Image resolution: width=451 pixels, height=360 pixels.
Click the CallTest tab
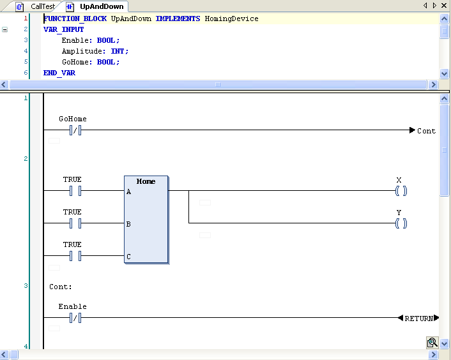(x=38, y=6)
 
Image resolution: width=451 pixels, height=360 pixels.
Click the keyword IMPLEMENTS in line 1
(x=178, y=19)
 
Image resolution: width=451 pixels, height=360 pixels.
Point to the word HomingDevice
(x=231, y=19)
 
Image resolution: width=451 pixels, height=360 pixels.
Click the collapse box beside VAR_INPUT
(x=4, y=29)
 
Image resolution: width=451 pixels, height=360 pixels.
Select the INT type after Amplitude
(x=118, y=51)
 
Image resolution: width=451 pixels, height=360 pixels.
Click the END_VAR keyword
(x=59, y=73)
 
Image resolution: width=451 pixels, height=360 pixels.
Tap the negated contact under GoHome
(x=75, y=130)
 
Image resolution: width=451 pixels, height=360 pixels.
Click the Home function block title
(x=146, y=181)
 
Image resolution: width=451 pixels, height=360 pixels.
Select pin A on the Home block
(x=128, y=191)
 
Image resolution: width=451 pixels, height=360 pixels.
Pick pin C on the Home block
(x=128, y=257)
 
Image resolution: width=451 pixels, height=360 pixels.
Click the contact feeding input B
(x=75, y=223)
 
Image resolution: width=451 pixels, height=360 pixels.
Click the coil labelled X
(x=401, y=191)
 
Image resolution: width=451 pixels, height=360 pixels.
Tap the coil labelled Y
(x=401, y=223)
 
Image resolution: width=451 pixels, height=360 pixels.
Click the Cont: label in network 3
(x=61, y=287)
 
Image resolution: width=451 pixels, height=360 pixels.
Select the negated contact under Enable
(x=75, y=318)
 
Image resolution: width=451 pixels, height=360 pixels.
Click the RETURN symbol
(x=418, y=318)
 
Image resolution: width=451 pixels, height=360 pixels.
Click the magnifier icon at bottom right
(x=432, y=343)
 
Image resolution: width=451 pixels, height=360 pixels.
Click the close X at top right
(x=444, y=6)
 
